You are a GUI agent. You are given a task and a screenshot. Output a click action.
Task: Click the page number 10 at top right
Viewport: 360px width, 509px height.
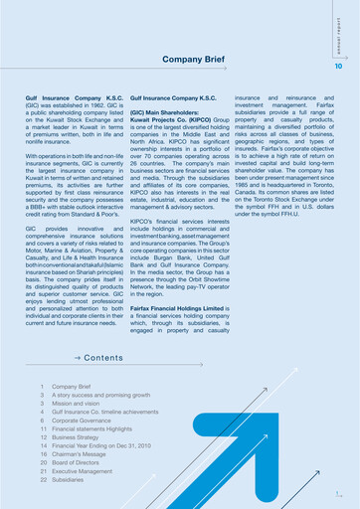pos(338,67)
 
